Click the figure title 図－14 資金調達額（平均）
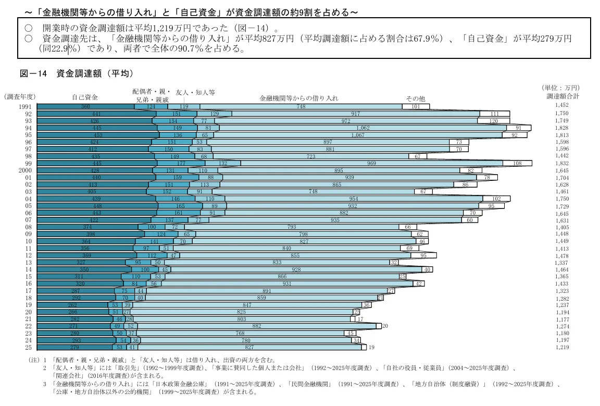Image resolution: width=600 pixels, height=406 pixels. (77, 73)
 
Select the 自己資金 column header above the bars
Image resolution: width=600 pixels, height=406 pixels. (84, 97)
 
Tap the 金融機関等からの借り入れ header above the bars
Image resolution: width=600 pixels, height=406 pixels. (299, 99)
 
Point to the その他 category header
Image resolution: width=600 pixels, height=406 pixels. (416, 99)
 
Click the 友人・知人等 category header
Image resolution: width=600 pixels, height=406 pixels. (195, 92)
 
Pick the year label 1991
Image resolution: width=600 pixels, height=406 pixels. (25, 106)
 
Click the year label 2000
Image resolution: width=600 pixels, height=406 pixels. (25, 170)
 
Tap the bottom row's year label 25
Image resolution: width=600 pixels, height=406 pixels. (28, 348)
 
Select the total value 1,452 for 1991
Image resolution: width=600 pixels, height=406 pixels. (562, 105)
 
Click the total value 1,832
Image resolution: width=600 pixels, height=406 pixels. (562, 163)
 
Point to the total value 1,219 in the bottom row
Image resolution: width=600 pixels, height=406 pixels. (562, 348)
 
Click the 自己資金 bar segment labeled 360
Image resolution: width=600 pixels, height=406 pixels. (86, 106)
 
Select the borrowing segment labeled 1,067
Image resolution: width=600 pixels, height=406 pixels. (358, 135)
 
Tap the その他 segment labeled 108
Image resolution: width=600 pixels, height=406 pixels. (517, 163)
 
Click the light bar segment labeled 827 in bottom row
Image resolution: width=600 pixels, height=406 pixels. (249, 348)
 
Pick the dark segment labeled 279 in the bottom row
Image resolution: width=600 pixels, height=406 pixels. (74, 348)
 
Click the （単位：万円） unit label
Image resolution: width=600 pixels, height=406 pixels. (560, 88)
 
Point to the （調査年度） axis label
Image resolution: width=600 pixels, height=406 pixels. (20, 96)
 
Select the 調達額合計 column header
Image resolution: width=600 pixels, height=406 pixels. (563, 96)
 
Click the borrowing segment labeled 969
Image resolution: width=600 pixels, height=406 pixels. (371, 163)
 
